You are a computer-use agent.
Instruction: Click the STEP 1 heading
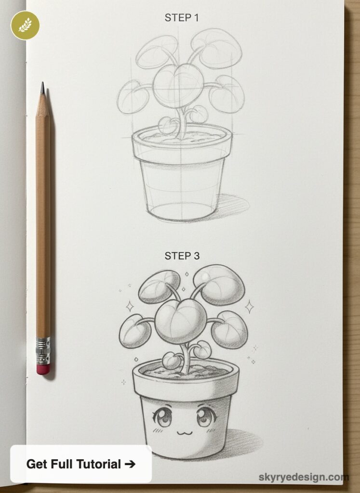click(x=182, y=18)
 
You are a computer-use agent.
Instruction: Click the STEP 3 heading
click(x=182, y=256)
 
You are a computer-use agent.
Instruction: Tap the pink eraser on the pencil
click(x=43, y=369)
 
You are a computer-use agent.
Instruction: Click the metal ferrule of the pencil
click(x=43, y=350)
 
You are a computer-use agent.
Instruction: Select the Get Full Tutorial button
click(x=81, y=464)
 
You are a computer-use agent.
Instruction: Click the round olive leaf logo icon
click(x=25, y=25)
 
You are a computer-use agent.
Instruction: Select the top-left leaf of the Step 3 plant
click(x=159, y=286)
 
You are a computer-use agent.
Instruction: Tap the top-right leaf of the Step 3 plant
click(x=219, y=285)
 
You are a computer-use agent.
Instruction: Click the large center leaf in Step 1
click(x=178, y=86)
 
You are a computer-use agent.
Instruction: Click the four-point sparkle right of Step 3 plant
click(x=249, y=306)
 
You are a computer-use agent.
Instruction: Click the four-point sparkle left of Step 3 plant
click(x=129, y=306)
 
